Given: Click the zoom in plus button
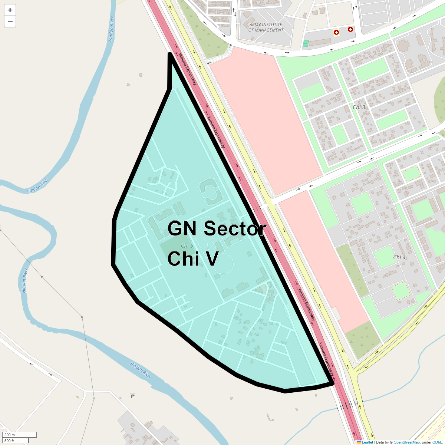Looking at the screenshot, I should (x=10, y=10).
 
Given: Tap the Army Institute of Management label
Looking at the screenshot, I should (x=266, y=27).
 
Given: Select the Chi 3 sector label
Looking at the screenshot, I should (x=359, y=107).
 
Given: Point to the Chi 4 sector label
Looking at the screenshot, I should (x=399, y=257).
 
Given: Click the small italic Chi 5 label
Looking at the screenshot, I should (x=187, y=246).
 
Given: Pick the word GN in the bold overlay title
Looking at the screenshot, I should (x=182, y=228).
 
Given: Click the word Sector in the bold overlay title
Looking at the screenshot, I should (x=235, y=228).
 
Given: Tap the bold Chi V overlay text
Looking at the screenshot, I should (x=193, y=258).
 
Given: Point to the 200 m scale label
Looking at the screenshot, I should (x=10, y=435).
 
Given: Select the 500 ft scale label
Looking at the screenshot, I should (x=9, y=441).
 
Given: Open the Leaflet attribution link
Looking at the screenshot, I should (x=367, y=442).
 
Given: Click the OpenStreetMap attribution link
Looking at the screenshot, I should (x=406, y=442).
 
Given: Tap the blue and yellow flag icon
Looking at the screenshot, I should (x=359, y=442).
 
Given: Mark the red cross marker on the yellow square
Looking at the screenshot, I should (x=336, y=33).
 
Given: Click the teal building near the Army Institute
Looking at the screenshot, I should (x=306, y=44).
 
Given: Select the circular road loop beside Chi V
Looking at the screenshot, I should (x=223, y=264).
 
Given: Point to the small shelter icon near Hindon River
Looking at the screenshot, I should (x=133, y=396).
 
